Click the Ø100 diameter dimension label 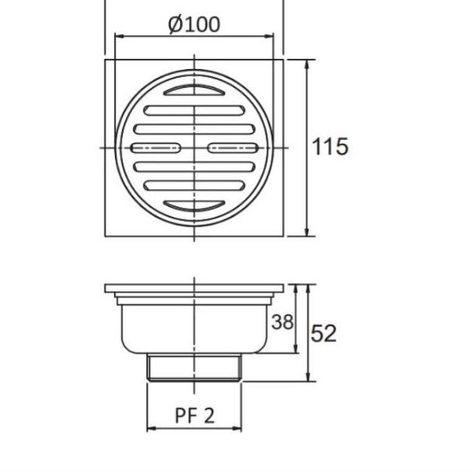click(194, 23)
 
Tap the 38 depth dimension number click(282, 321)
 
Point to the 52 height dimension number click(323, 333)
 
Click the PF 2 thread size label click(194, 416)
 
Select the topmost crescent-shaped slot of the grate click(194, 93)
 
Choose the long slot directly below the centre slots click(194, 166)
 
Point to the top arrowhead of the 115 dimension click(309, 63)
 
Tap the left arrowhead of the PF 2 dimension click(151, 428)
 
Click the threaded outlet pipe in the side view click(194, 368)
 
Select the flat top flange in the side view click(194, 289)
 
